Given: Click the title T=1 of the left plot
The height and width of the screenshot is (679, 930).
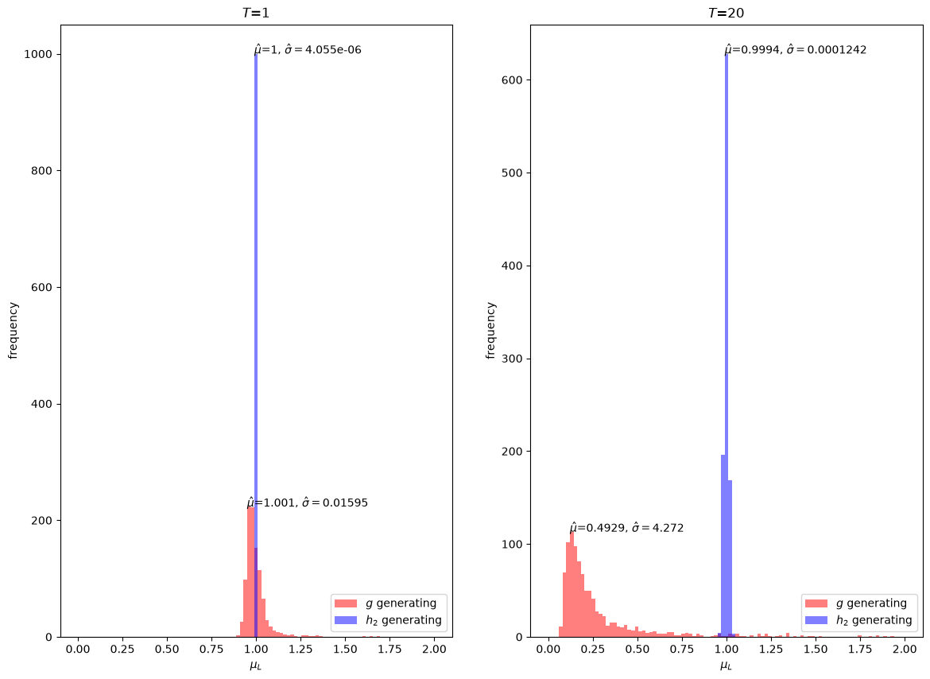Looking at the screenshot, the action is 256,13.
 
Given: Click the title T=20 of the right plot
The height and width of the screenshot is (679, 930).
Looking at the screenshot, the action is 726,13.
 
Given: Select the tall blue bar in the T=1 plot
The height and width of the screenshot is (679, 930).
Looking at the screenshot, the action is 256,345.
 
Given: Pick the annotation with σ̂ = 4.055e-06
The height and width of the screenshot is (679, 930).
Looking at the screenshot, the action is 308,50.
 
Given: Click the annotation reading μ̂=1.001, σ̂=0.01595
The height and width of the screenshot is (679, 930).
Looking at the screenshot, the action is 308,502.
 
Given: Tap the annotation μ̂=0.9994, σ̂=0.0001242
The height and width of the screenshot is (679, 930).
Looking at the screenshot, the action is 796,50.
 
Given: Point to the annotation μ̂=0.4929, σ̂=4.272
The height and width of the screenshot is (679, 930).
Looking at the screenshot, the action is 626,528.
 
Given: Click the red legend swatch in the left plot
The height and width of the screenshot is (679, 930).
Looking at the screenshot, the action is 346,603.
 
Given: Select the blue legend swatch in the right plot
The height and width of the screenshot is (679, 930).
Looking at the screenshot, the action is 816,620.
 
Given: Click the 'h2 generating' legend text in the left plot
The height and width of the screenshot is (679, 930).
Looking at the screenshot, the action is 404,620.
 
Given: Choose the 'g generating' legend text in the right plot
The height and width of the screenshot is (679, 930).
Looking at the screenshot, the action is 872,603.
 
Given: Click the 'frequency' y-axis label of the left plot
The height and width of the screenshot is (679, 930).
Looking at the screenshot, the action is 13,330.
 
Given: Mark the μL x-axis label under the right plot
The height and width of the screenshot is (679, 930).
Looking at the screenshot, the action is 726,666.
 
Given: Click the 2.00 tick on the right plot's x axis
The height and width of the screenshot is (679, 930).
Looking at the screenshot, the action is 905,649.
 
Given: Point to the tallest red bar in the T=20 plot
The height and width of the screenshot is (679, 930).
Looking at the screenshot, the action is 572,584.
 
